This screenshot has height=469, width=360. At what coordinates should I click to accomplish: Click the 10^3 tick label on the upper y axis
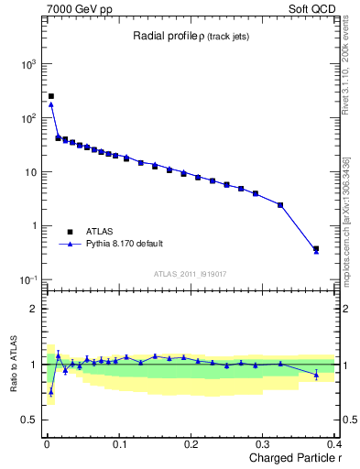[x=28, y=64]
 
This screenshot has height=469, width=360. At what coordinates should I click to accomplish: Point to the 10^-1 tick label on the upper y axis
[x=28, y=279]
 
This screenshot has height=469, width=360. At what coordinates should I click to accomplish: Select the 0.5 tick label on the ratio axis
[x=29, y=420]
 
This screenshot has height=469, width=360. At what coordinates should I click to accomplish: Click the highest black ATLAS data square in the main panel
[x=51, y=95]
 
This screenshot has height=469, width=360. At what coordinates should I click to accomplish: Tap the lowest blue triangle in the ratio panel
[x=51, y=391]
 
